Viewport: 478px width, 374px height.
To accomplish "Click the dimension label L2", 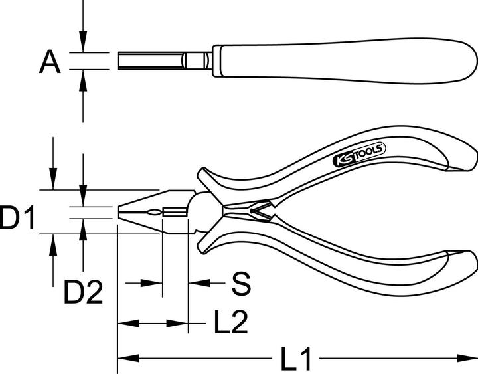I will click(230, 324).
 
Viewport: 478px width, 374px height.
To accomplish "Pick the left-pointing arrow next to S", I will click(199, 284).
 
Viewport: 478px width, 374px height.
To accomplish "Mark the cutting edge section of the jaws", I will click(174, 213).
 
